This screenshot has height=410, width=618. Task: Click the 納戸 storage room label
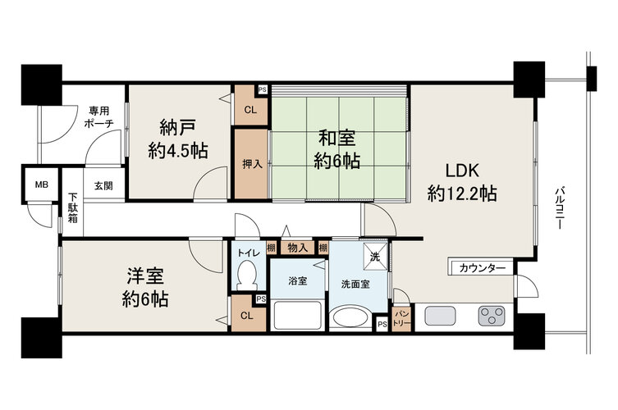coord(178,128)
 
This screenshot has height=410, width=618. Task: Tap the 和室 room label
coord(337,139)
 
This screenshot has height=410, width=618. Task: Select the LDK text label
coord(462,171)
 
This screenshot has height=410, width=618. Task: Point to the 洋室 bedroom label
coord(145,276)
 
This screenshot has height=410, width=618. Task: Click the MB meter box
coord(41,184)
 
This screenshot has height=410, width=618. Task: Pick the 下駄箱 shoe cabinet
coord(72,207)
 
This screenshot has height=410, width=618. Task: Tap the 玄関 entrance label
coord(103,185)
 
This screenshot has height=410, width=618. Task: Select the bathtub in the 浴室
coord(298,316)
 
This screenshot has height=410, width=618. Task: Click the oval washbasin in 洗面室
coord(350,317)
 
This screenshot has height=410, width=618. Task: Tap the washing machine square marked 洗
coord(375,257)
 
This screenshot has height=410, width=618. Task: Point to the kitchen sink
coord(440,316)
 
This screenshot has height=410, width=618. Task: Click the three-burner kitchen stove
coord(492,316)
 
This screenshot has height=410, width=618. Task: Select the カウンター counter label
coord(483,269)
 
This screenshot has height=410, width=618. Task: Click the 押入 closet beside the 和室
coord(252,164)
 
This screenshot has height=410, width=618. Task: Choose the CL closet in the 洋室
coord(247,314)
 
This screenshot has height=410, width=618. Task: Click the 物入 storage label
coord(298,248)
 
